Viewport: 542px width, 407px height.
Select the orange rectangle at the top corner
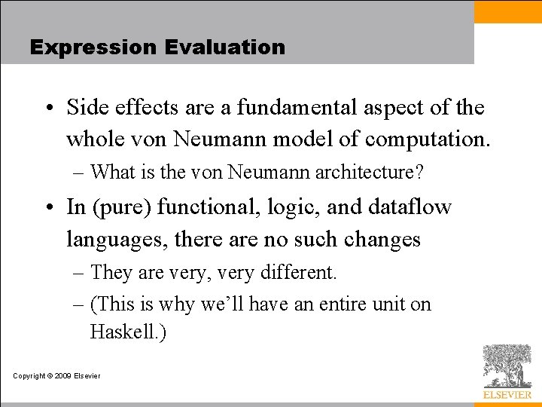[507, 11]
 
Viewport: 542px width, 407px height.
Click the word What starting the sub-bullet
[111, 173]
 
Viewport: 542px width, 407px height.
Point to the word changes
[382, 240]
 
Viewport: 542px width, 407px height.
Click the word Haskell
[124, 332]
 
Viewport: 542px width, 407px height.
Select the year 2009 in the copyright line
[62, 375]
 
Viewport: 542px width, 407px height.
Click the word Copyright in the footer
[29, 375]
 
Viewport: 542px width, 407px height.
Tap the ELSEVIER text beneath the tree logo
[507, 395]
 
